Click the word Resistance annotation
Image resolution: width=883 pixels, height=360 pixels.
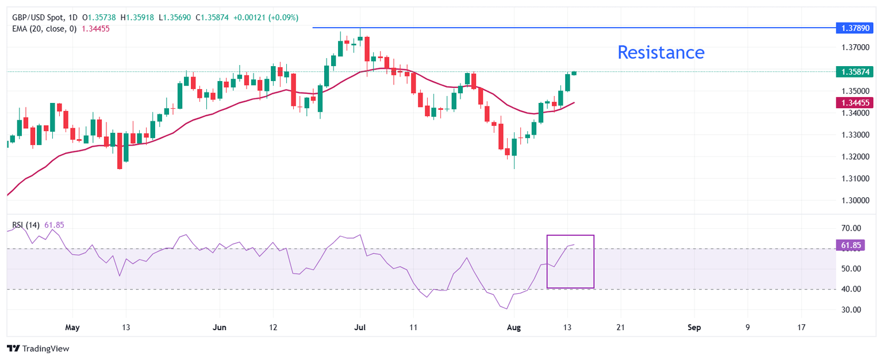click(x=661, y=52)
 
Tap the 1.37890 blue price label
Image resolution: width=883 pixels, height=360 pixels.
click(x=855, y=27)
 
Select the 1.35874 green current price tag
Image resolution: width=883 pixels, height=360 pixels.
click(x=855, y=72)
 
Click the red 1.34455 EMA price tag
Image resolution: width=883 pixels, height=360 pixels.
click(x=855, y=102)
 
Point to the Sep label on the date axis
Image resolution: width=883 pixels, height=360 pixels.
click(x=694, y=327)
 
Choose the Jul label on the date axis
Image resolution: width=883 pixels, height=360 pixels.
click(x=360, y=327)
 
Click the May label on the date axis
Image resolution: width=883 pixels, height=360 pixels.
click(x=72, y=327)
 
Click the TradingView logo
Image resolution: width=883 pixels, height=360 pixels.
click(x=37, y=348)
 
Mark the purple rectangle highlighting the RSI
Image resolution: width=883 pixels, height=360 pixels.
click(x=570, y=261)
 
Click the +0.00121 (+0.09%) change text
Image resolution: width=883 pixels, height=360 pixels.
click(x=266, y=17)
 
